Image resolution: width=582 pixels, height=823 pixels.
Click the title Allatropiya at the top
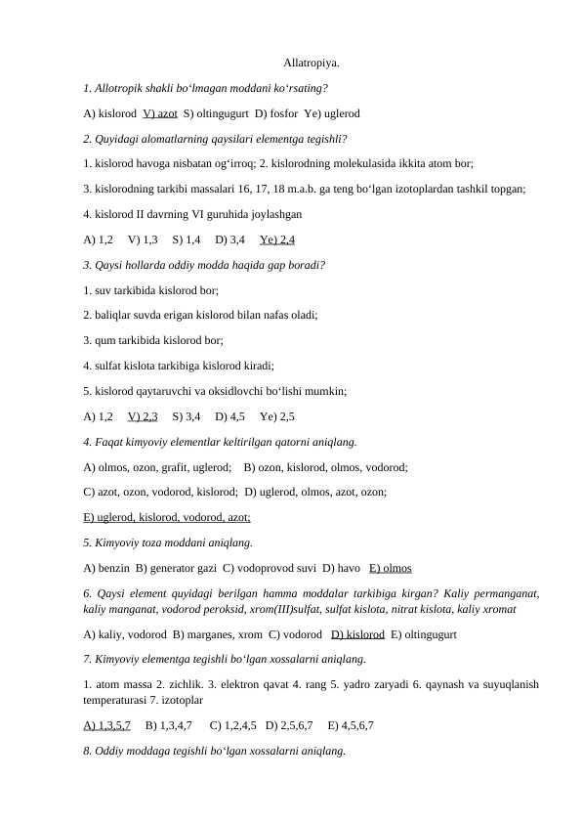pos(312,64)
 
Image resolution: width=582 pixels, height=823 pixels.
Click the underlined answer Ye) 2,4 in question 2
pos(277,239)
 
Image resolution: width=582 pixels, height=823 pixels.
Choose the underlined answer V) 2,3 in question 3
pos(143,416)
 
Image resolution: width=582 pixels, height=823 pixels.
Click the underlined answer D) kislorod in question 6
pos(357,634)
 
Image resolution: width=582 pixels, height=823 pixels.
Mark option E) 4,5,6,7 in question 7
pos(351,726)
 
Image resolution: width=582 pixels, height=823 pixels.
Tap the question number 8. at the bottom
pos(89,752)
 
